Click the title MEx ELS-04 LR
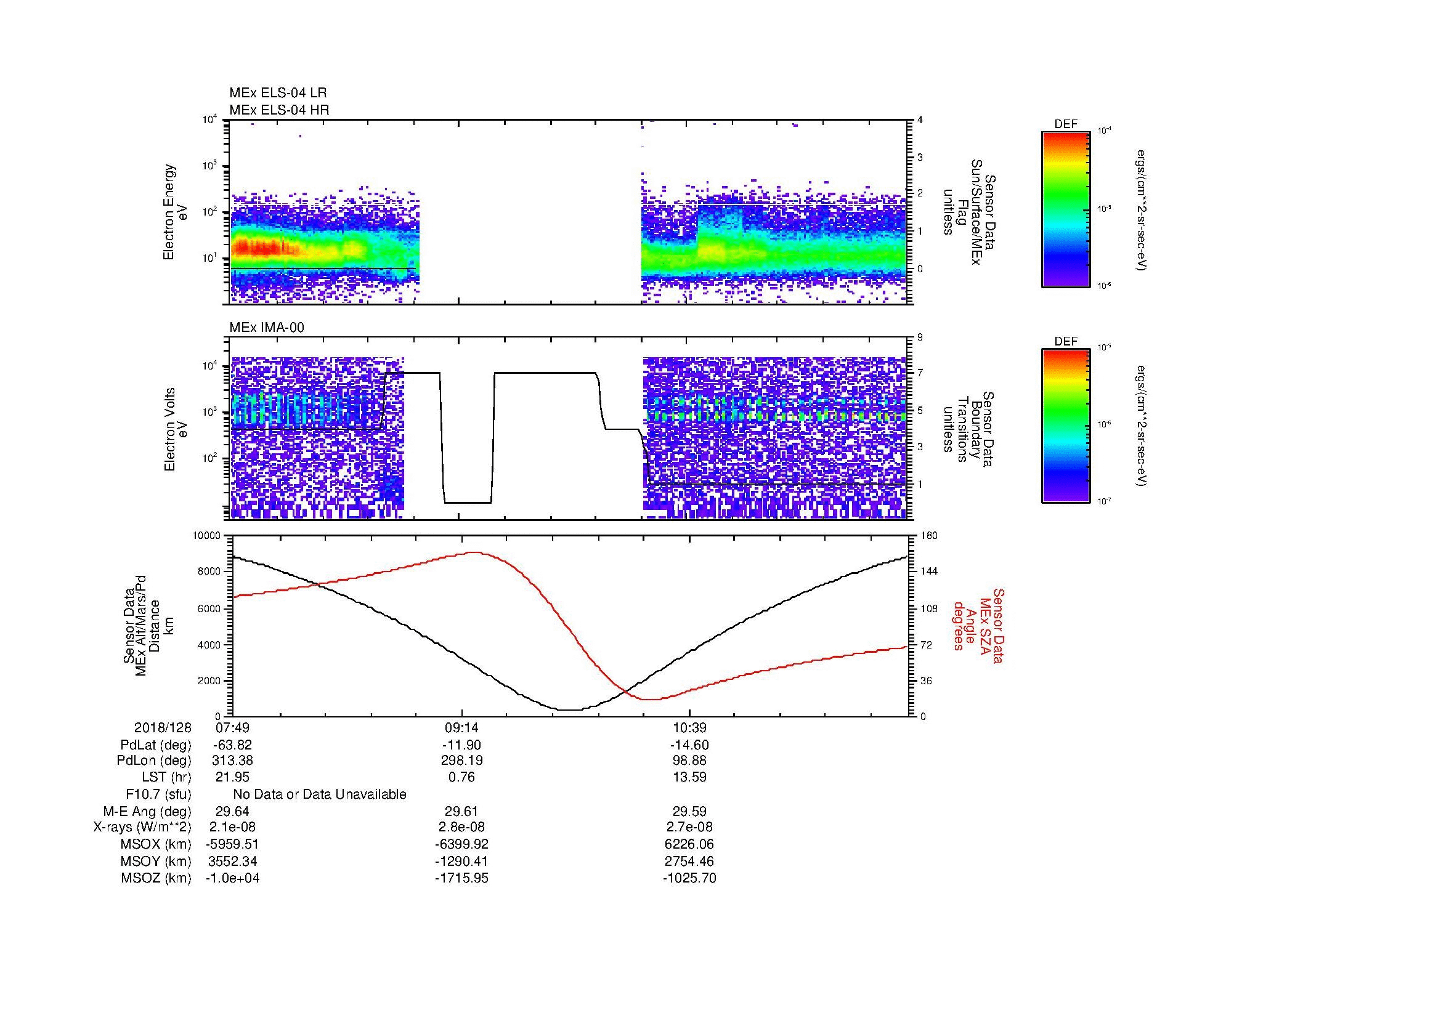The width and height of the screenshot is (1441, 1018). pos(277,93)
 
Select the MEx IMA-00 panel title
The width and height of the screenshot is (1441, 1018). pos(267,327)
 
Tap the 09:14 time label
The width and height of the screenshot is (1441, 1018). pos(461,727)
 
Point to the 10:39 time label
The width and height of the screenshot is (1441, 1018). pos(689,727)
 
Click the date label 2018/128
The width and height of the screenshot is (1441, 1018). pos(163,727)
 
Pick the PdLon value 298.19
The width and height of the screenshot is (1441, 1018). pos(461,761)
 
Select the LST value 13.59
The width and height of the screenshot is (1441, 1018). pos(689,777)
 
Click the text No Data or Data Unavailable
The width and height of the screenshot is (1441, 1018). pos(320,794)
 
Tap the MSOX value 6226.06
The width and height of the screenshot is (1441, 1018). pos(689,844)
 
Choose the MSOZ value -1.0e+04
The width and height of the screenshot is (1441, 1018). pos(232,878)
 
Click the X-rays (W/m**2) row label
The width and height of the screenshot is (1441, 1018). pos(142,827)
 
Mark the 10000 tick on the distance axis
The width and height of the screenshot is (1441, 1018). pos(207,536)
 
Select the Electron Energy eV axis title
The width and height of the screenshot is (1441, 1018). pos(176,212)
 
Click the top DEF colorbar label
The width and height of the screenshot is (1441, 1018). pos(1065,124)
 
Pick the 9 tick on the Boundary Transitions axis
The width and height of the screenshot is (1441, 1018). pos(920,337)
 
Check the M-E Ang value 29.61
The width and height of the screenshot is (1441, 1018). pos(461,811)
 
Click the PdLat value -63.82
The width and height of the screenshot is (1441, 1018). pos(232,745)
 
